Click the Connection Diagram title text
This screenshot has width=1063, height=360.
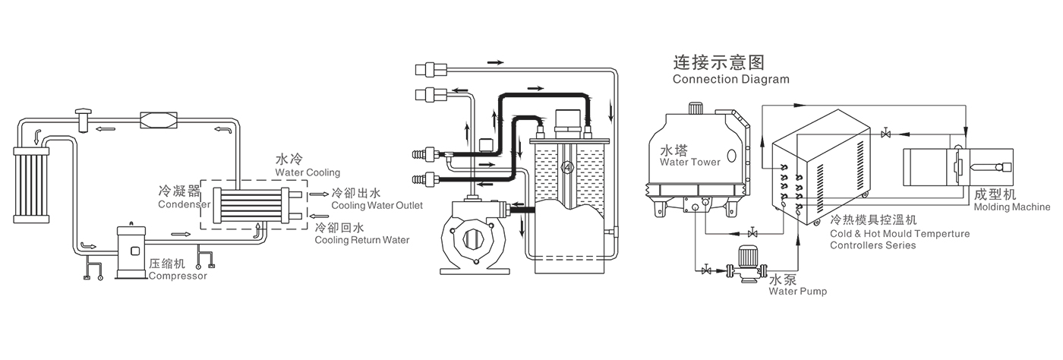click(730, 79)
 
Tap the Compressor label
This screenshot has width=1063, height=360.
click(178, 276)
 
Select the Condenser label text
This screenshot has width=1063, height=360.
click(184, 204)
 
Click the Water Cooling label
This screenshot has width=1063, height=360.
click(307, 172)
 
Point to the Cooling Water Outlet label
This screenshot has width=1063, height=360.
click(377, 206)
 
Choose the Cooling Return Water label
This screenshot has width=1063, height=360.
click(361, 240)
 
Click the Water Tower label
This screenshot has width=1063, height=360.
click(689, 162)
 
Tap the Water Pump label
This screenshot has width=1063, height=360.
click(797, 291)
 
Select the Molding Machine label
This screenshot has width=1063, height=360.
click(1011, 207)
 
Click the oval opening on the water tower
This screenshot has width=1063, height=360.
click(731, 155)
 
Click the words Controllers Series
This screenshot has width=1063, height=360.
click(873, 245)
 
